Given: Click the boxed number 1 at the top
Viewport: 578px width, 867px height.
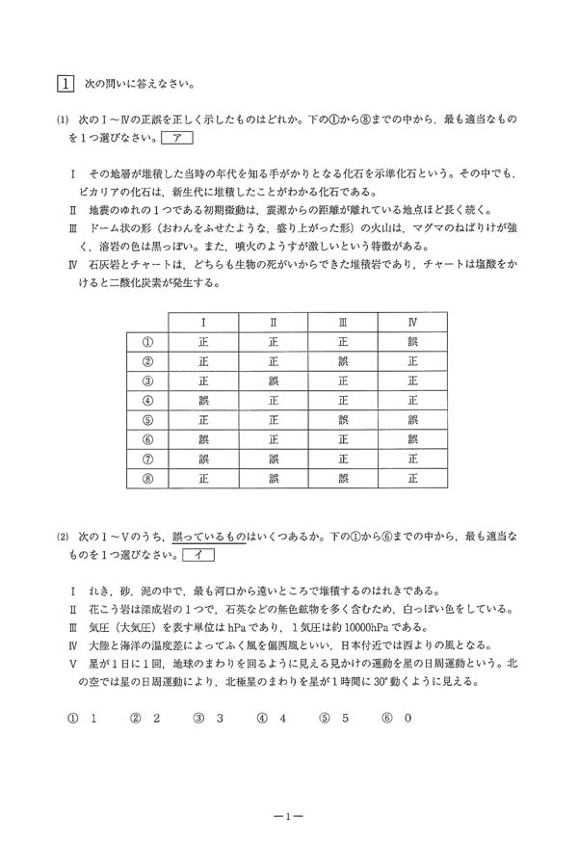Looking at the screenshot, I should [x=64, y=83].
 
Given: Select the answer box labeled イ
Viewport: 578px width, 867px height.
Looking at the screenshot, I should [x=197, y=555].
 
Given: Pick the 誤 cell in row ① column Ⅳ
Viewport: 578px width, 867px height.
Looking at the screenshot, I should [x=412, y=341].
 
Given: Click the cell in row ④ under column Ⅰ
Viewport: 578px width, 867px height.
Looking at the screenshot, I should [x=203, y=401].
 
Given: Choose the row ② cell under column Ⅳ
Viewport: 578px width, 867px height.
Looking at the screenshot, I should [x=412, y=361].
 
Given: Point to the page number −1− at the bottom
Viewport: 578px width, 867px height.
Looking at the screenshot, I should [x=288, y=817].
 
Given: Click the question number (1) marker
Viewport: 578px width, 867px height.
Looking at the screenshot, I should [x=63, y=119].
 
